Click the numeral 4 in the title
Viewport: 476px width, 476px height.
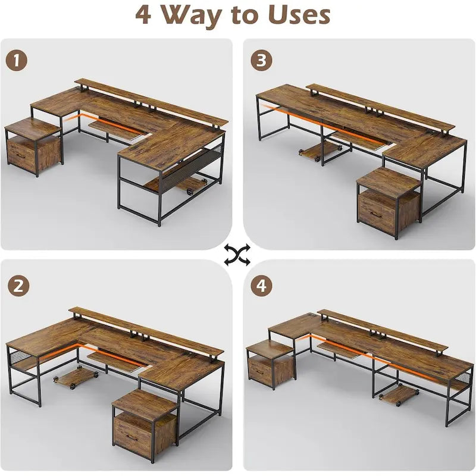pos(143,14)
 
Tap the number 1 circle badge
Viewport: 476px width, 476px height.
pos(18,60)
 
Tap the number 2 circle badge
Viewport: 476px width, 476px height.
pos(18,285)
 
